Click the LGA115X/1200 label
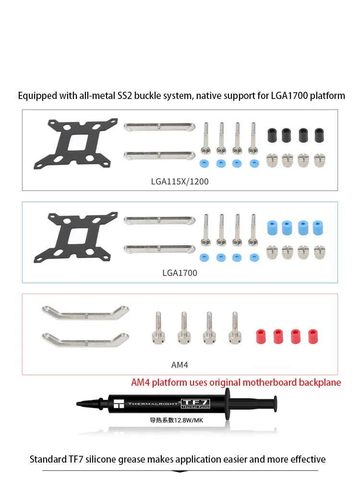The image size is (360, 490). tap(180, 182)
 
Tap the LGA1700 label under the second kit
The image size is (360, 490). tap(180, 273)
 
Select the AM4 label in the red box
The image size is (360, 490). tap(180, 365)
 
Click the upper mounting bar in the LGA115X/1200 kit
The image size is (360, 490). tap(159, 127)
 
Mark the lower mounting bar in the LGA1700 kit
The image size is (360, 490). tap(159, 248)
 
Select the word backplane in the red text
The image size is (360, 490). tap(318, 382)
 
